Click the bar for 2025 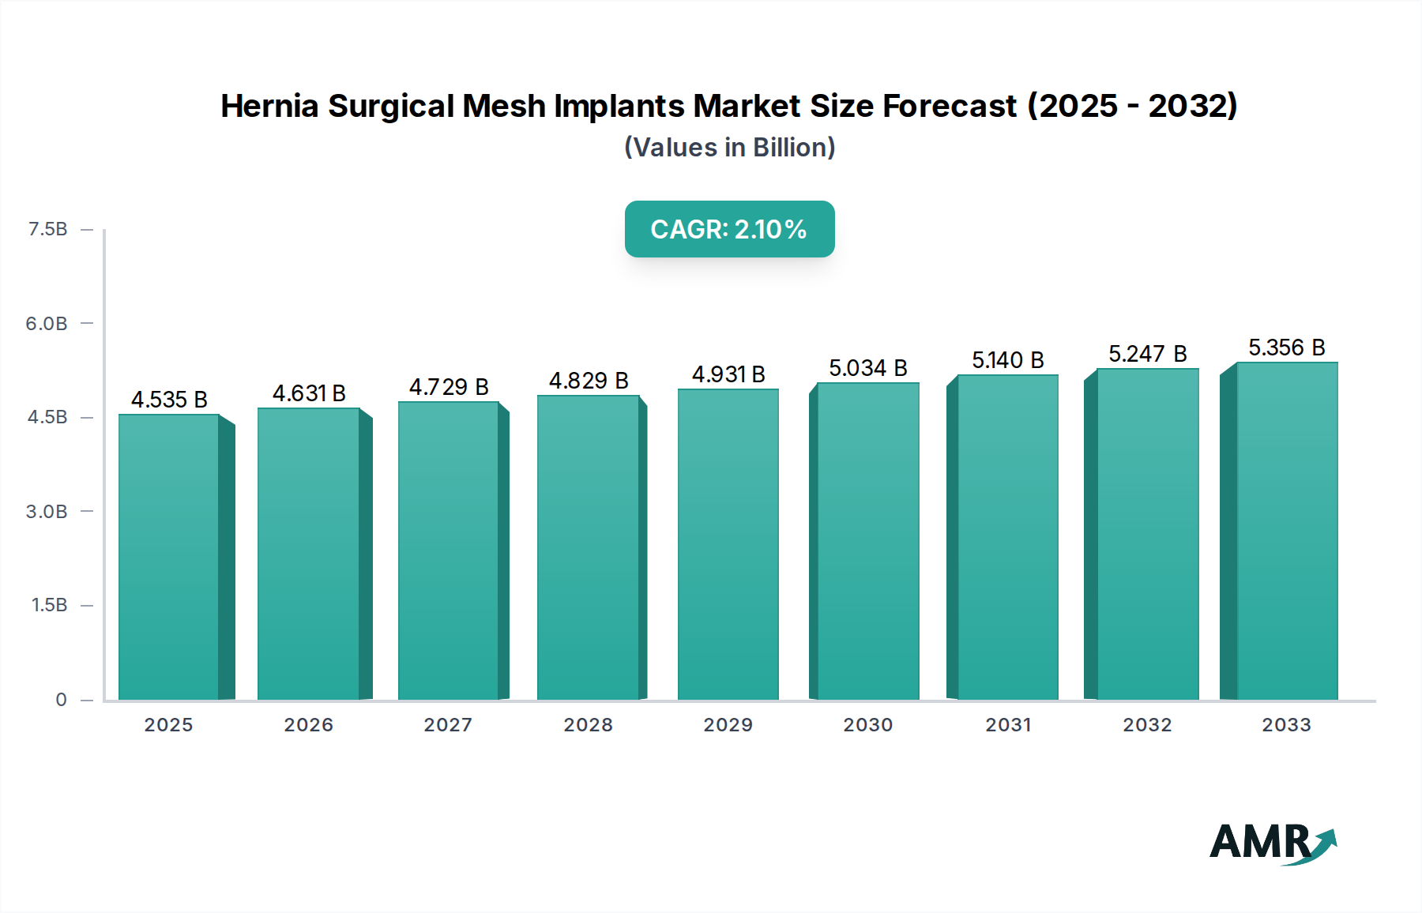pyautogui.click(x=168, y=557)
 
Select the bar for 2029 pyautogui.click(x=728, y=544)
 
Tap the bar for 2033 pyautogui.click(x=1287, y=531)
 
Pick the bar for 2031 pyautogui.click(x=1007, y=537)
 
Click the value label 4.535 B pyautogui.click(x=169, y=400)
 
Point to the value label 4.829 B pyautogui.click(x=589, y=381)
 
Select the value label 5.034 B pyautogui.click(x=867, y=368)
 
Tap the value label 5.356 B pyautogui.click(x=1286, y=348)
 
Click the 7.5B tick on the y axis pyautogui.click(x=47, y=229)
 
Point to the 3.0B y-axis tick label pyautogui.click(x=47, y=511)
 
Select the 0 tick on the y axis pyautogui.click(x=61, y=699)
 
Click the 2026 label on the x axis pyautogui.click(x=308, y=725)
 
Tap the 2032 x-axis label pyautogui.click(x=1147, y=725)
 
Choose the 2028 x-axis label pyautogui.click(x=588, y=725)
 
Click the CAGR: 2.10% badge pyautogui.click(x=729, y=229)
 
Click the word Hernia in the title pyautogui.click(x=269, y=106)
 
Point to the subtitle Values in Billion pyautogui.click(x=729, y=148)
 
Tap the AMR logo pyautogui.click(x=1272, y=843)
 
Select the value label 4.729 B pyautogui.click(x=449, y=387)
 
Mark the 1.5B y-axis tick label pyautogui.click(x=49, y=605)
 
